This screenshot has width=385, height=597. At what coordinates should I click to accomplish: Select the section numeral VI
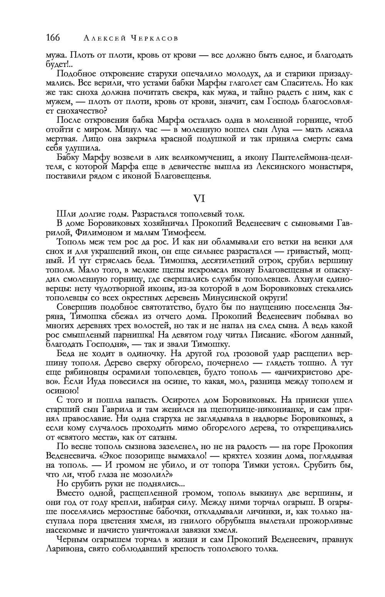coord(199,198)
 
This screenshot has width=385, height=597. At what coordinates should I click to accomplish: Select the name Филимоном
coord(98,233)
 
